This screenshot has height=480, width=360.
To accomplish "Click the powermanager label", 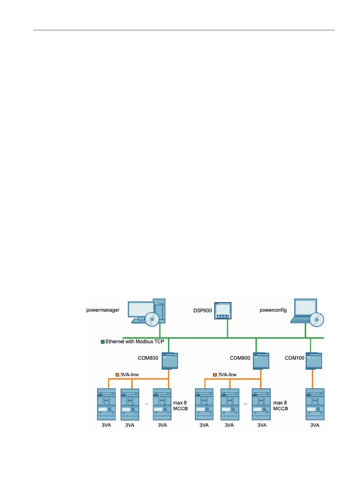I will click(x=103, y=310).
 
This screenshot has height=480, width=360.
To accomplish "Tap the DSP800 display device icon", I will click(x=223, y=311).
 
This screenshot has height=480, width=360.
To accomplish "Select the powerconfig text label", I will click(x=273, y=310).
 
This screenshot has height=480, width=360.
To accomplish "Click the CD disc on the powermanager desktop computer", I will click(x=152, y=319).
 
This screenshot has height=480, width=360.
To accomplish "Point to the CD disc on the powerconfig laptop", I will click(x=317, y=320).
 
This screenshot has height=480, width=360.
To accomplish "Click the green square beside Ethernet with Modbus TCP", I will click(x=103, y=342).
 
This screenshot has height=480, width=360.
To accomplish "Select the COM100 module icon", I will click(x=314, y=361).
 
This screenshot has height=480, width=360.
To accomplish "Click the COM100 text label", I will click(x=294, y=358).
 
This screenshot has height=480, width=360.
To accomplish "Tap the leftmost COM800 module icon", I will click(x=170, y=361).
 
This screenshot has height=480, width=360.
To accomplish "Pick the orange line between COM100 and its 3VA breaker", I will click(x=313, y=379).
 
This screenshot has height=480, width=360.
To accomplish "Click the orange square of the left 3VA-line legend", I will click(x=117, y=375).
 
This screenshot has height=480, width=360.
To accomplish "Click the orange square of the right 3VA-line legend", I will click(x=215, y=375).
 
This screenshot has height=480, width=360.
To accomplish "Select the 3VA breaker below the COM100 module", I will click(x=315, y=404).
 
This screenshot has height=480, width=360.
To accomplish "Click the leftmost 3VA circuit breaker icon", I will click(x=106, y=404).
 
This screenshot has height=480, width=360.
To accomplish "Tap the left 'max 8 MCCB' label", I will click(x=180, y=406).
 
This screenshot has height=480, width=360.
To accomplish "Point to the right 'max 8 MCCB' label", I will click(x=280, y=406).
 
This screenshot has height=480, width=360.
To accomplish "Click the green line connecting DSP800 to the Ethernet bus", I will click(x=227, y=328).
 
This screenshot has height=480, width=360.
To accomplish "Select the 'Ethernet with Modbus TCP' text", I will click(x=135, y=341).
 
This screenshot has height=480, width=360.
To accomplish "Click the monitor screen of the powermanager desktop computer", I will click(x=141, y=309).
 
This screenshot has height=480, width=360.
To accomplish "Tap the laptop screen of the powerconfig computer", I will click(x=306, y=307).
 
